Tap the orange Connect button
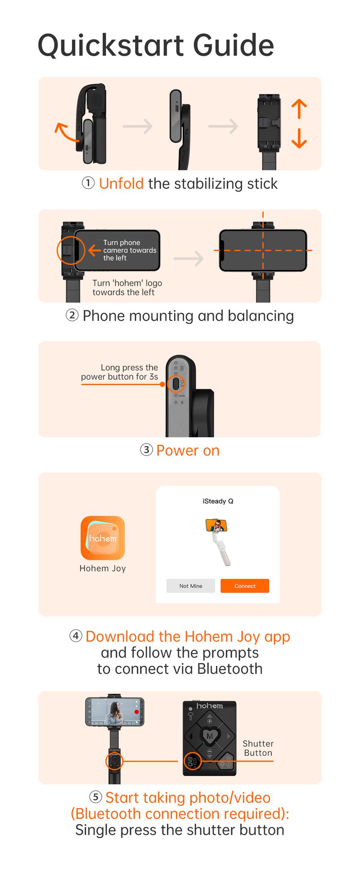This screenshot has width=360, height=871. [245, 586]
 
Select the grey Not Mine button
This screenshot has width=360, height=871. [191, 586]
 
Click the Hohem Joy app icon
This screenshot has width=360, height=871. [103, 538]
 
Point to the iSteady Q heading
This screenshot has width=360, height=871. [218, 501]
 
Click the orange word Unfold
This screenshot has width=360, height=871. [121, 184]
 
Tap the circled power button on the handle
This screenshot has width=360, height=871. [176, 384]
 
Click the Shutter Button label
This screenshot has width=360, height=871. [258, 748]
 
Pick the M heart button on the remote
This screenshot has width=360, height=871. [210, 736]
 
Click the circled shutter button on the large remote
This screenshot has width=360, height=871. [193, 761]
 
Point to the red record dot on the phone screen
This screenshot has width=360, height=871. [137, 712]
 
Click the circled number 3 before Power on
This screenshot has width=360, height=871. [146, 450]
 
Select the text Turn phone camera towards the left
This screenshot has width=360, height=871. [130, 250]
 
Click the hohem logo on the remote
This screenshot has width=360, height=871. [209, 706]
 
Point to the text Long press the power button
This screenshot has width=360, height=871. [120, 372]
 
